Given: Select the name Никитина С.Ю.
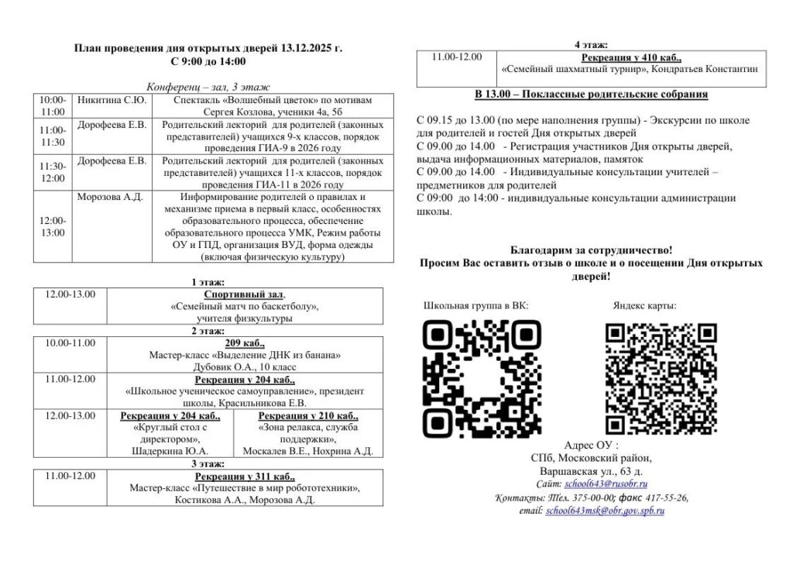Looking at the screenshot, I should pyautogui.click(x=112, y=100).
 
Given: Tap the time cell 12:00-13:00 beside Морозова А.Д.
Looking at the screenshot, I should pyautogui.click(x=53, y=226).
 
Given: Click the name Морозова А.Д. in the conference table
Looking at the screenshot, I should pyautogui.click(x=110, y=197).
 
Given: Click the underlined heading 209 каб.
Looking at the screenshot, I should pyautogui.click(x=244, y=342).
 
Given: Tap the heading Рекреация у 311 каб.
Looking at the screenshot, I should pyautogui.click(x=244, y=476).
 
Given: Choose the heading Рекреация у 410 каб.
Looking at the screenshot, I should pyautogui.click(x=630, y=57).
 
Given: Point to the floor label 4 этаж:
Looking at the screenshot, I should pyautogui.click(x=591, y=44).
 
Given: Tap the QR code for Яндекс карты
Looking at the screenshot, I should pyautogui.click(x=661, y=379).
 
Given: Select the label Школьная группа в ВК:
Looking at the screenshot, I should pyautogui.click(x=475, y=305).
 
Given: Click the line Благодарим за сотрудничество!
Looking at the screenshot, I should pyautogui.click(x=591, y=250).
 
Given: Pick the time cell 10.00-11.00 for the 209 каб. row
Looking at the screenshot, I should pyautogui.click(x=70, y=342).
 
